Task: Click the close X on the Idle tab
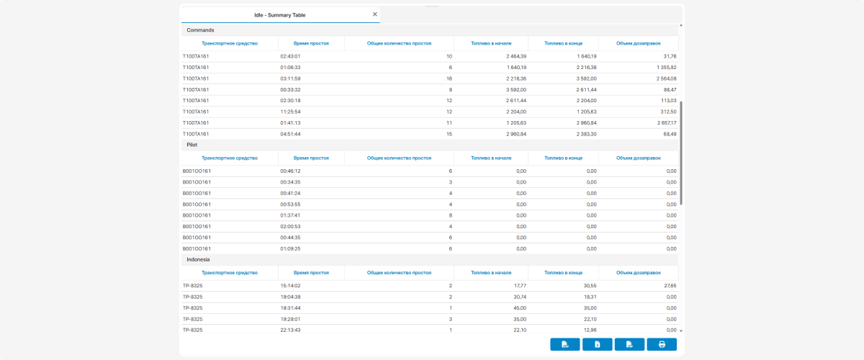point(374,14)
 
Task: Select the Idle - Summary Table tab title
point(279,15)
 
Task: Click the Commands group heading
point(200,30)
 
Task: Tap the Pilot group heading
point(192,145)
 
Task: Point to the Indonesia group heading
point(198,259)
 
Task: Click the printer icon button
point(662,344)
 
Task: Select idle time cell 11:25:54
point(290,112)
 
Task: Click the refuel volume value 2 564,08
point(666,78)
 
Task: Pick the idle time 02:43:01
point(290,56)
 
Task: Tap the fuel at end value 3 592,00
point(586,78)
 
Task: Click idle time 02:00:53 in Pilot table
point(290,227)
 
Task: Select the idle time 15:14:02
point(290,286)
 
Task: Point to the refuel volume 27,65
point(670,286)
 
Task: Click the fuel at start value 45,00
point(520,308)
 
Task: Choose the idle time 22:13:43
point(290,330)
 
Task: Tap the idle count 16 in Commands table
point(449,78)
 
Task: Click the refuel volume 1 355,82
point(666,68)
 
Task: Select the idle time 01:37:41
point(290,215)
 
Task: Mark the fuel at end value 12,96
point(590,330)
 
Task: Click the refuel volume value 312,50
point(668,112)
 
